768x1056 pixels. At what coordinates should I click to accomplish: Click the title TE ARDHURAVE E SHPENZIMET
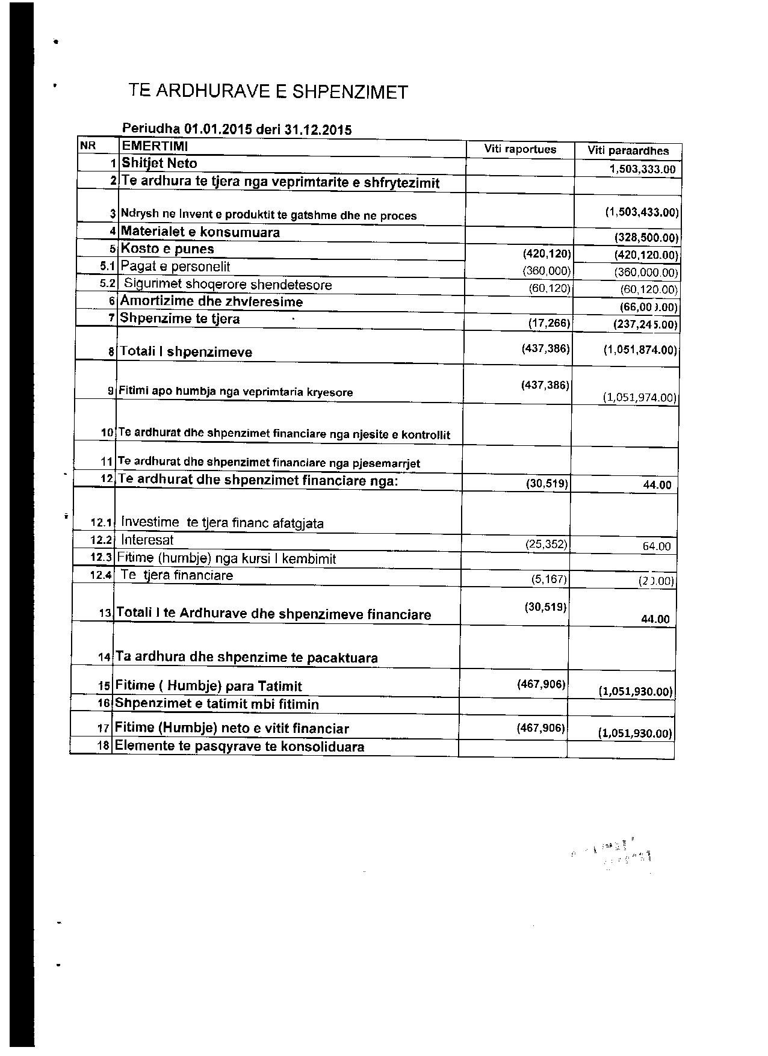click(268, 92)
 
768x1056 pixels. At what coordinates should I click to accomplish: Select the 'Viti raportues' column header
click(520, 149)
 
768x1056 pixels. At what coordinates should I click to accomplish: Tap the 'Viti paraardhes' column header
click(627, 150)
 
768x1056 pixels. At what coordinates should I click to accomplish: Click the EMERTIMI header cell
click(155, 146)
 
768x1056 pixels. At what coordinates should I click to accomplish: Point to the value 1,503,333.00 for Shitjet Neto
click(642, 169)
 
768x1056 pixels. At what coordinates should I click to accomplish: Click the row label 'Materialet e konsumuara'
click(200, 232)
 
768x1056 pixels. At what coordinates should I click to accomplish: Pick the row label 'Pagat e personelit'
click(175, 267)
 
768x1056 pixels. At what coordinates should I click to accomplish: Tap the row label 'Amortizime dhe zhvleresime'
click(211, 301)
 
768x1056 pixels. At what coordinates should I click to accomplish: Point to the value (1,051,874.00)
click(640, 350)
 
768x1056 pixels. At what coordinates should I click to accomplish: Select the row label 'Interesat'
click(147, 540)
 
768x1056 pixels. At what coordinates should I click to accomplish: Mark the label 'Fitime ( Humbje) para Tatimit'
click(208, 687)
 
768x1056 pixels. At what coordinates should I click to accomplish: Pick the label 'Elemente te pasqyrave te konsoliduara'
click(239, 747)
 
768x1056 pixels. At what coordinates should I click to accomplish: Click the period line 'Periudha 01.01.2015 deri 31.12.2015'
click(237, 129)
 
